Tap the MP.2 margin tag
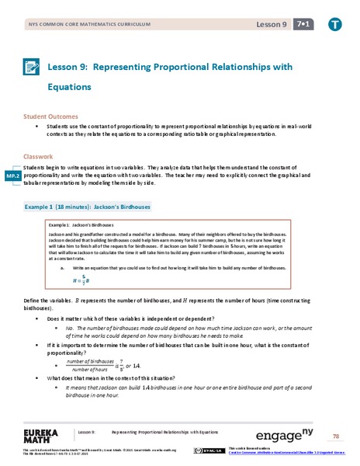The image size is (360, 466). tap(12, 175)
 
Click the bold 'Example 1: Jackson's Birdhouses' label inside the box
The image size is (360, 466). tap(80, 224)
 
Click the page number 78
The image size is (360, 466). tap(335, 436)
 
